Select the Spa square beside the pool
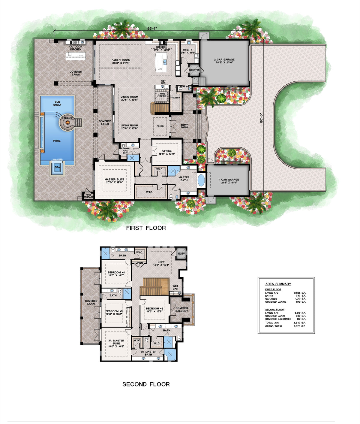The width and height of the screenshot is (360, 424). (57, 168)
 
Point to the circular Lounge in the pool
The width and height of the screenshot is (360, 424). (67, 118)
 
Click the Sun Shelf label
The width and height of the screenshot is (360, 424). (57, 103)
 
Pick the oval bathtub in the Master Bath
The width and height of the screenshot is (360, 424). (201, 180)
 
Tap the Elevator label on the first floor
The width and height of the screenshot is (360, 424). (194, 70)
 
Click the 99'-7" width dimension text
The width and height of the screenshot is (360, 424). (152, 29)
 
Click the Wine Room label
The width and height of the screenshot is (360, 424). (162, 95)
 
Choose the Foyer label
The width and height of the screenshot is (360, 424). (160, 126)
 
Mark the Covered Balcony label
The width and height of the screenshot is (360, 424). (182, 309)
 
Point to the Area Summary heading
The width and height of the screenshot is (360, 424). (278, 284)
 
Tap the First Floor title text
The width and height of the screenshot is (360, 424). (146, 228)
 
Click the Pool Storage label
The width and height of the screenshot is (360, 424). (88, 196)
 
